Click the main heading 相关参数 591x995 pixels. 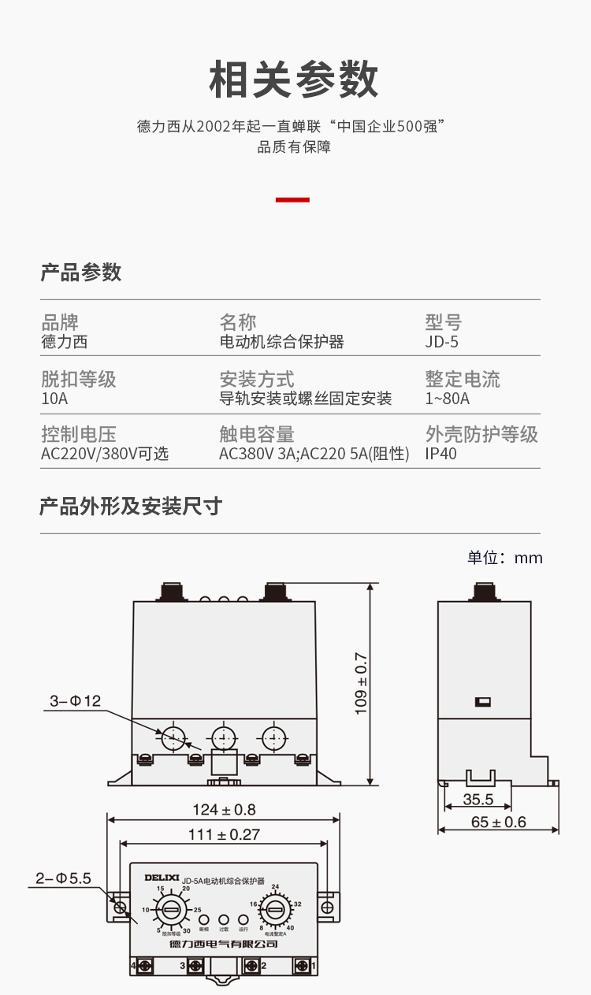pos(294,80)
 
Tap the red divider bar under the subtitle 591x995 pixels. pos(292,200)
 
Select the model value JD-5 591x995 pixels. pos(441,342)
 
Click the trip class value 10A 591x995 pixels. pos(54,399)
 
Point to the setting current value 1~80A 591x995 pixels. pos(447,399)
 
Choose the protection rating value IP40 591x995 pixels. pos(440,454)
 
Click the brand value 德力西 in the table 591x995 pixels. pos(64,342)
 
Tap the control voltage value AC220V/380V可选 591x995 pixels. pos(105,454)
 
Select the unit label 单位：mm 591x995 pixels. pos(504,558)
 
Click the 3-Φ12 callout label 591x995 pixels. pos(76,700)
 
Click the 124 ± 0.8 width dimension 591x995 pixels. pos(224,810)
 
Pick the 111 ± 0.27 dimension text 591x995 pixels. pos(224,835)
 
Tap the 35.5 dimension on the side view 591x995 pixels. pos(478,800)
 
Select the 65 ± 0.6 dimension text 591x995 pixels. pos(498,822)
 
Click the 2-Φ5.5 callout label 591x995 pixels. pos(64,878)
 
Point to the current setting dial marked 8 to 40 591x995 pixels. pos(274,911)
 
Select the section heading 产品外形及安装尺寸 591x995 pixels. pos(131,507)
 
